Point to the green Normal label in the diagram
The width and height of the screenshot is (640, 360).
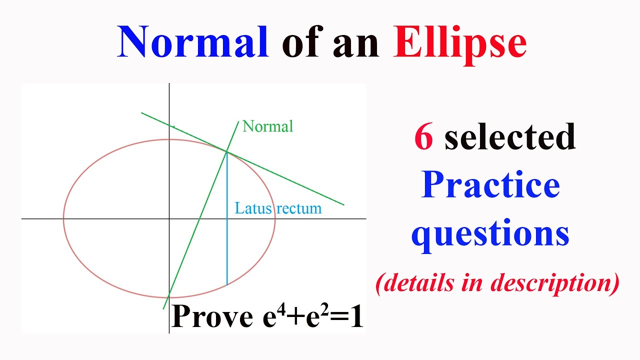pyautogui.click(x=267, y=126)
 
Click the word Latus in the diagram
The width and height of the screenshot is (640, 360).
pyautogui.click(x=253, y=208)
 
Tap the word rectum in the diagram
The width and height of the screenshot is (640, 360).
pyautogui.click(x=299, y=208)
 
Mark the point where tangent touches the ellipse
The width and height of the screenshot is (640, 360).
pyautogui.click(x=227, y=151)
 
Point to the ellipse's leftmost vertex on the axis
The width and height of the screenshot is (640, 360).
pyautogui.click(x=63, y=218)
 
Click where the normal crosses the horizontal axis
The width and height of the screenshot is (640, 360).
pyautogui.click(x=200, y=218)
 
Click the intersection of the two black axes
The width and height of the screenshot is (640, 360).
pyautogui.click(x=169, y=218)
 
